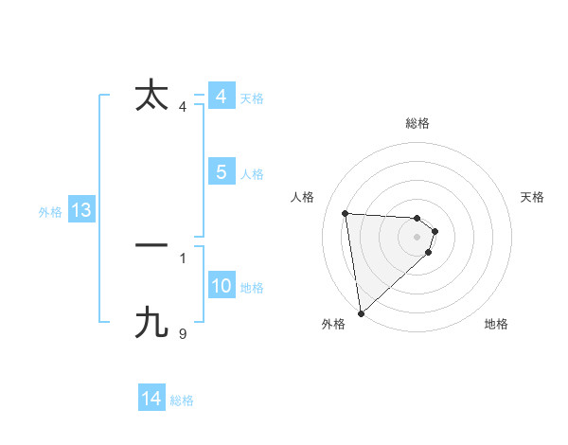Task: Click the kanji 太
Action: [x=151, y=96]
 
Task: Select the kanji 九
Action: [x=151, y=323]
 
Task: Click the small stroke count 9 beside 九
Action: [x=183, y=333]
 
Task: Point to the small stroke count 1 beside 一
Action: [x=183, y=258]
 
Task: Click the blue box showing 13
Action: [x=81, y=211]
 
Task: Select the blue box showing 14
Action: [x=151, y=400]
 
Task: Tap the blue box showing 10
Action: [x=222, y=286]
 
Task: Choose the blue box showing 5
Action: [x=222, y=172]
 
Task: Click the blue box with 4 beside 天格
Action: [x=222, y=97]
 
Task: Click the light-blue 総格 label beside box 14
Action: [x=182, y=400]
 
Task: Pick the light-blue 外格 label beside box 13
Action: [x=50, y=212]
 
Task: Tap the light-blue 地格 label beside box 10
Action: [x=252, y=288]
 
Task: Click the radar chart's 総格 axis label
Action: [x=417, y=123]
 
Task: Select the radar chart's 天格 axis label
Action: [x=533, y=197]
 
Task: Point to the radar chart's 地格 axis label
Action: [x=496, y=324]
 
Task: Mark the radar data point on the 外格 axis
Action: [x=361, y=312]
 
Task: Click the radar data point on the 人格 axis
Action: [x=346, y=213]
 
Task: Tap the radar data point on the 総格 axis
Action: [x=417, y=218]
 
